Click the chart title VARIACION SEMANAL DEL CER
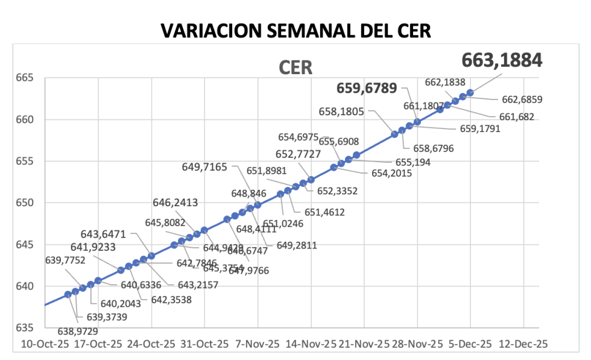pyautogui.click(x=295, y=31)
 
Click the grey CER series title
pyautogui.click(x=295, y=68)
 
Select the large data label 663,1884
pyautogui.click(x=502, y=60)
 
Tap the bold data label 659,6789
pyautogui.click(x=367, y=89)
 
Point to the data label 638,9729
pyautogui.click(x=78, y=331)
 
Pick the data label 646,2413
pyautogui.click(x=175, y=203)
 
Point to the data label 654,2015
pyautogui.click(x=391, y=174)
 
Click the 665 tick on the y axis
pyautogui.click(x=25, y=78)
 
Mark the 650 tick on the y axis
pyautogui.click(x=25, y=203)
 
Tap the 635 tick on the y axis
pyautogui.click(x=25, y=327)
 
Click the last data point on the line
pyautogui.click(x=470, y=92)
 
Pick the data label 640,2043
pyautogui.click(x=114, y=304)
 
